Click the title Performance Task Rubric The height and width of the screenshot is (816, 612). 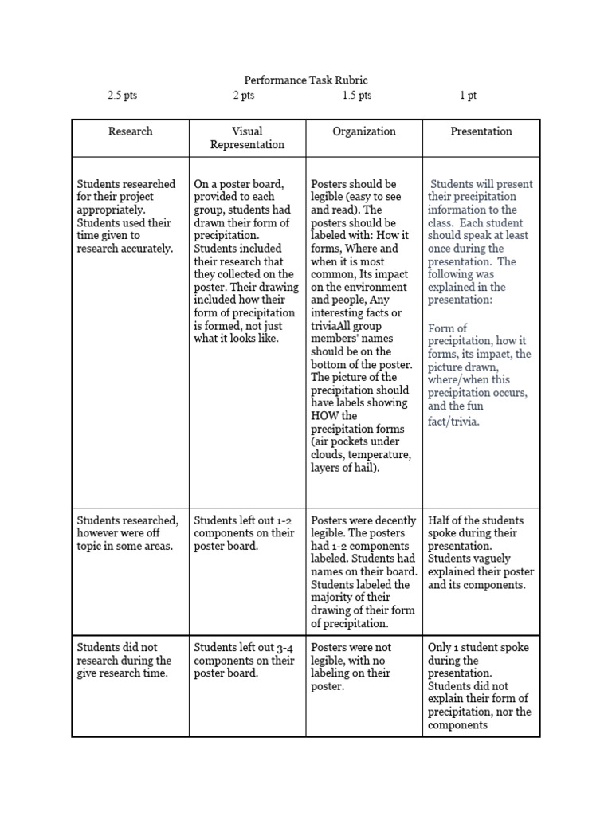[305, 80]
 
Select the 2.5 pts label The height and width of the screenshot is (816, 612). [123, 96]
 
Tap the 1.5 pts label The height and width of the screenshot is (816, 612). [357, 96]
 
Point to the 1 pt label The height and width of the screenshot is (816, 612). [468, 96]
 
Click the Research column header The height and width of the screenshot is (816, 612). [130, 131]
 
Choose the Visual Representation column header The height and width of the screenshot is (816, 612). [247, 138]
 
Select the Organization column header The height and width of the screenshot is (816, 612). [364, 131]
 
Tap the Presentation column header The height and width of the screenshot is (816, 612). [481, 131]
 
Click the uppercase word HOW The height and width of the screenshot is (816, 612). [324, 416]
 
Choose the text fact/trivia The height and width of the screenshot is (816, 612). [453, 422]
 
